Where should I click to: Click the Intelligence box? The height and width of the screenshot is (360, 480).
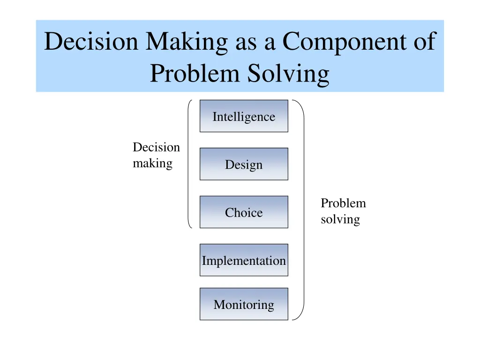[x=244, y=116]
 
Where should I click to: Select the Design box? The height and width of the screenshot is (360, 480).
[x=244, y=164]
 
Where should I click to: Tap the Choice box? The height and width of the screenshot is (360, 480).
[x=244, y=212]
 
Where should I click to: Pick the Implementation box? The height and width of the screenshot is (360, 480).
[x=244, y=260]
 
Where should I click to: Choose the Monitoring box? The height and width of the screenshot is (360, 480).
[x=244, y=304]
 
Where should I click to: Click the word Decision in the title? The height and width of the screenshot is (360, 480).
[x=91, y=42]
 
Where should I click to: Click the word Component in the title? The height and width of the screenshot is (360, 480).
[x=343, y=42]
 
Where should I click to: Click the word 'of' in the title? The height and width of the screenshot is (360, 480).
[x=423, y=42]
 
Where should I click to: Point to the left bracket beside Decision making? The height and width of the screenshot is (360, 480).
[x=189, y=164]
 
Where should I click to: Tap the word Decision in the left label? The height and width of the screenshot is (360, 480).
[x=156, y=148]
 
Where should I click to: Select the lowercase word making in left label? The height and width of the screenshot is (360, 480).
[x=152, y=164]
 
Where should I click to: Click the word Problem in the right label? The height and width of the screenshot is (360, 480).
[x=343, y=203]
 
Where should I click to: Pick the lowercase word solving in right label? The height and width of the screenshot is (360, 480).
[x=340, y=219]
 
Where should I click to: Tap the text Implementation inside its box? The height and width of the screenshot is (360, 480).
[x=244, y=261]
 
